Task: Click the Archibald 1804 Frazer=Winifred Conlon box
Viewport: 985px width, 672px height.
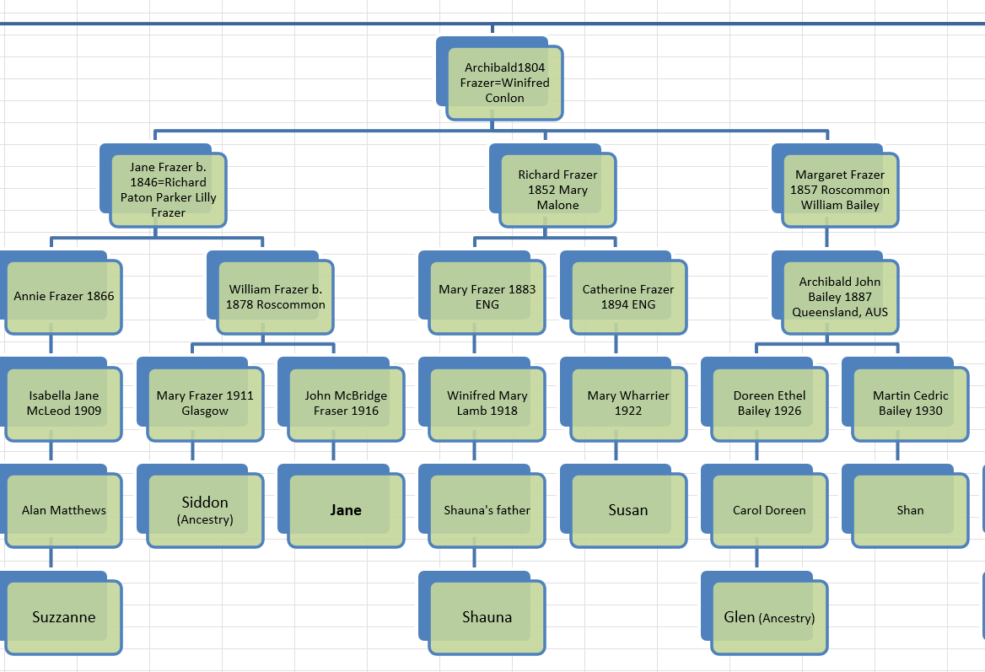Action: tap(504, 83)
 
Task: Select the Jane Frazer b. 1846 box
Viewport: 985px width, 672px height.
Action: tap(168, 190)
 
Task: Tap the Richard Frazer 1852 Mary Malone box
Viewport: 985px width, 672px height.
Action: tap(557, 190)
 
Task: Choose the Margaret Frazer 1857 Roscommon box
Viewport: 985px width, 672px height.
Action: tap(840, 190)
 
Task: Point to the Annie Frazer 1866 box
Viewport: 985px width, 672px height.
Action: tap(64, 297)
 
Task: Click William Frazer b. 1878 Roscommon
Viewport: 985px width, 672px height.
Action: tap(275, 297)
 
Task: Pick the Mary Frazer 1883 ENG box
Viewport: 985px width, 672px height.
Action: tap(487, 297)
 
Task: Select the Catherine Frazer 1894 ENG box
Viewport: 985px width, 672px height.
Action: tap(628, 297)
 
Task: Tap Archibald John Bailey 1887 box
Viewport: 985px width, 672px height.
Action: tap(840, 297)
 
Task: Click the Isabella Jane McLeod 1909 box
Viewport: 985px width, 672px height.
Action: tap(64, 404)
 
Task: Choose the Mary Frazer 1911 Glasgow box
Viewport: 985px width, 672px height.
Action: tap(205, 404)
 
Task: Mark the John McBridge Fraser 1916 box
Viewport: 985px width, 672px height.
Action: tap(346, 404)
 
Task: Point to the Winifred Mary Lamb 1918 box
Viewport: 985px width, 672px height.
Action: tap(487, 404)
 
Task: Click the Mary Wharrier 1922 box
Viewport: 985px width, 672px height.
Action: tap(628, 404)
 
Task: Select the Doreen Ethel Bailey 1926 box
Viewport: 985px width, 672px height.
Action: tap(769, 404)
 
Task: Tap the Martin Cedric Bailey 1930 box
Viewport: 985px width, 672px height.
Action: tap(910, 404)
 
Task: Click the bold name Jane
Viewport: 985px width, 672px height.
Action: tap(346, 510)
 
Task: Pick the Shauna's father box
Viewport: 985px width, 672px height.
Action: tap(487, 510)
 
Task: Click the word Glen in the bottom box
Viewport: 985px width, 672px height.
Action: tap(740, 617)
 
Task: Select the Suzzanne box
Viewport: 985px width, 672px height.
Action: tap(64, 617)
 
